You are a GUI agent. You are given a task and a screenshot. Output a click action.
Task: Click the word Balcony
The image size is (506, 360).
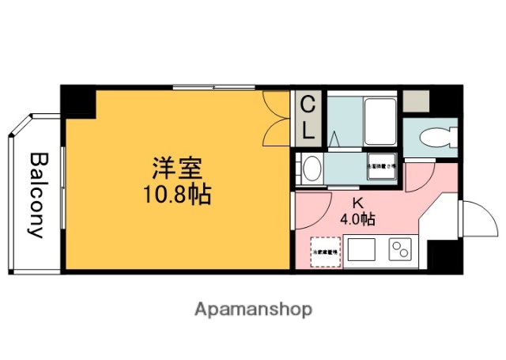pos(36,195)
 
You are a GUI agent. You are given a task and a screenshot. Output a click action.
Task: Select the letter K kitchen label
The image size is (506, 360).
pos(357,203)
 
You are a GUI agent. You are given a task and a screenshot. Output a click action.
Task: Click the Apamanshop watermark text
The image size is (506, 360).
pos(253,308)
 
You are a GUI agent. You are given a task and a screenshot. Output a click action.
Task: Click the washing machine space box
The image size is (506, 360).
pos(379,168)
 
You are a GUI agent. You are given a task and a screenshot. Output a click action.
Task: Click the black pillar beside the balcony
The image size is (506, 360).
pos(78,100)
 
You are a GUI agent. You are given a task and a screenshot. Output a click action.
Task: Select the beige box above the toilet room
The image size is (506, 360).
pos(415,100)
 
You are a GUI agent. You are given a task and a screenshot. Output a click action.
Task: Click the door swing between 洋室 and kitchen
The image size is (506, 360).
pos(315,204)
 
